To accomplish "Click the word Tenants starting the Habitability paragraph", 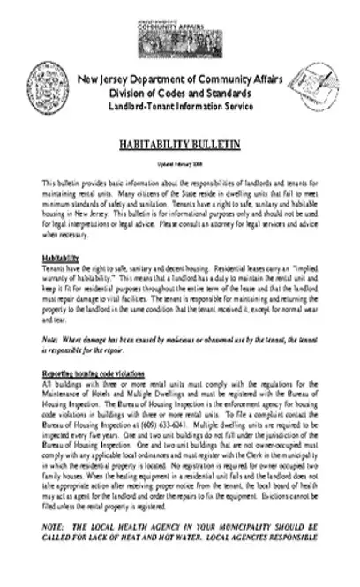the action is (56, 266).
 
